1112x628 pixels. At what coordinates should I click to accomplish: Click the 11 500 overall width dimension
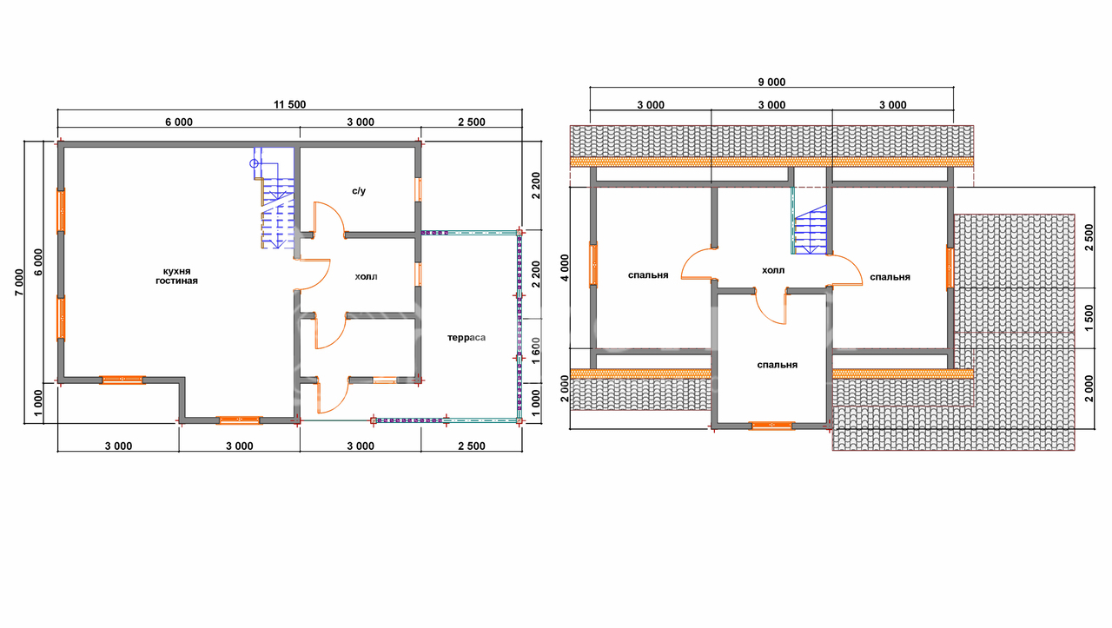tap(289, 105)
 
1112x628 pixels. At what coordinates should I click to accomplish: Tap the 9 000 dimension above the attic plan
tap(771, 83)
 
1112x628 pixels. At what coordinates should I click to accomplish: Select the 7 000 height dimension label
tap(19, 282)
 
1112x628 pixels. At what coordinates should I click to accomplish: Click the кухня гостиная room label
tap(176, 276)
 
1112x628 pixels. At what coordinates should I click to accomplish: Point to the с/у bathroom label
tap(359, 191)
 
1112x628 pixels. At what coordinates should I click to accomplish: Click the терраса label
tap(467, 338)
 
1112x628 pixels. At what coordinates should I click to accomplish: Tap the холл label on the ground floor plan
tap(366, 276)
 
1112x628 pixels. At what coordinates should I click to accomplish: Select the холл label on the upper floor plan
tap(773, 270)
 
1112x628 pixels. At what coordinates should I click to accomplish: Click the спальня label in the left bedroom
tap(648, 275)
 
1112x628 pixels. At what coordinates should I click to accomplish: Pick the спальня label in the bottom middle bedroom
tap(778, 365)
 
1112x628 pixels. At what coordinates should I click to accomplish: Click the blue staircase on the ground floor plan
tap(276, 199)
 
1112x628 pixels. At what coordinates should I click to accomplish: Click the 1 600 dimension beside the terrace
tap(536, 351)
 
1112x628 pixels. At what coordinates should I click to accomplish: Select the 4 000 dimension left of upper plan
tap(565, 268)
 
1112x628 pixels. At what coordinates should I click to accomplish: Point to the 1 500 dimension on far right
tap(1089, 318)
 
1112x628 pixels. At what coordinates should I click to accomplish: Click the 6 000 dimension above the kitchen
tap(179, 122)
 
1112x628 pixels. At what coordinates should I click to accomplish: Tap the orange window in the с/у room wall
tap(419, 189)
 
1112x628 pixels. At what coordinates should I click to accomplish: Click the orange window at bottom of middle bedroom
tap(771, 426)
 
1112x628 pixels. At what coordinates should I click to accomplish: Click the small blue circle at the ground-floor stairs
tap(254, 163)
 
